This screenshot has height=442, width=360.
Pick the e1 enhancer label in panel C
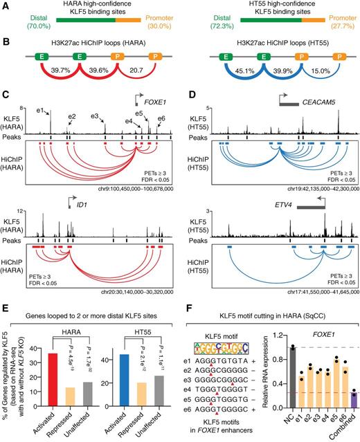(42, 110)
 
